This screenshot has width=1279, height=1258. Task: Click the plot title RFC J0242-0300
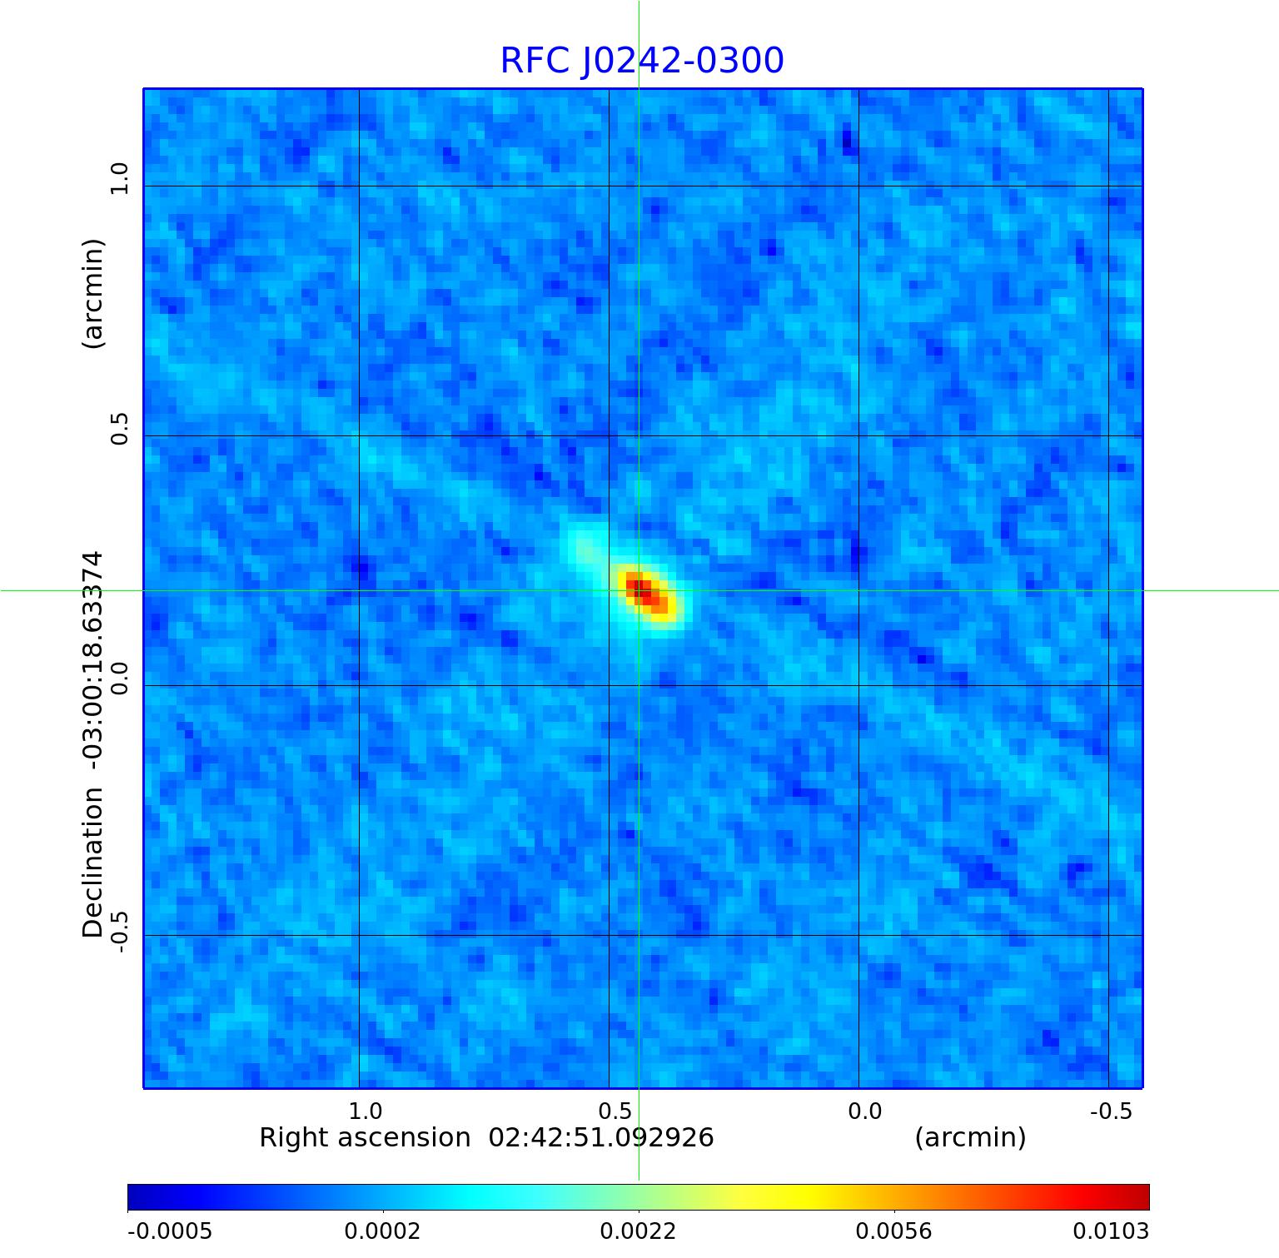click(x=642, y=61)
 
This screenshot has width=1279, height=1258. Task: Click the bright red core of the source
click(x=641, y=589)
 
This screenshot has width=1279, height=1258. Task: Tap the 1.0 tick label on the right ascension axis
click(x=366, y=1111)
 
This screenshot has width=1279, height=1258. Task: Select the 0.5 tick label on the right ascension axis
click(x=615, y=1111)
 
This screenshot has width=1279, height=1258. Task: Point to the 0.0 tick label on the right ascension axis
click(x=865, y=1111)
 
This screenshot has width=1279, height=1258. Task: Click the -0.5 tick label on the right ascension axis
click(x=1112, y=1111)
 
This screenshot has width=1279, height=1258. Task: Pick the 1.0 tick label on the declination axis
click(x=121, y=179)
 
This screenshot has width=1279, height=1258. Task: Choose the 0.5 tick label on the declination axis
click(x=121, y=429)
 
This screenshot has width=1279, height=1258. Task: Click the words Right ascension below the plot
click(x=365, y=1138)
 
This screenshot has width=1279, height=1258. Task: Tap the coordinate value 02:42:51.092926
click(x=601, y=1138)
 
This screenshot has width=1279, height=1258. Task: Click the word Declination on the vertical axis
click(x=92, y=862)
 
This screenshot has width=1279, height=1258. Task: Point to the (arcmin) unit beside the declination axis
click(x=92, y=293)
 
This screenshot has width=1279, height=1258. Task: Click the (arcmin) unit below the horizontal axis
click(x=970, y=1138)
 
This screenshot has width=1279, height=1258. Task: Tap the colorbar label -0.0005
click(x=170, y=1231)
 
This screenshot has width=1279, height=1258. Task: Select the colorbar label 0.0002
click(x=383, y=1231)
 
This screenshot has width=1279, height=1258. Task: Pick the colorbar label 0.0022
click(x=639, y=1231)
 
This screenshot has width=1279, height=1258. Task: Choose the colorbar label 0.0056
click(x=894, y=1231)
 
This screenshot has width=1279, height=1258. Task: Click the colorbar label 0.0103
click(x=1110, y=1231)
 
